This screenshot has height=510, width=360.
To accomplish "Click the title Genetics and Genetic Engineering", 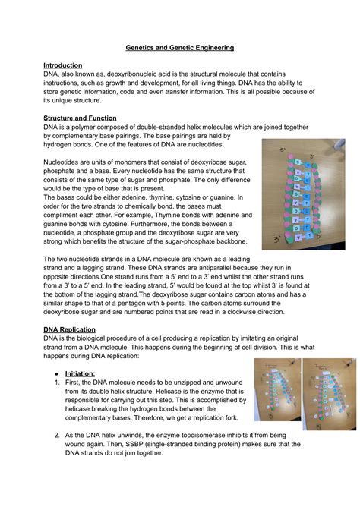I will [179, 47].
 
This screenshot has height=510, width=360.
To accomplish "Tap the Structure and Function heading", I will [80, 118].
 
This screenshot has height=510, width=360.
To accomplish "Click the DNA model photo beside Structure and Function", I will [302, 194].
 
